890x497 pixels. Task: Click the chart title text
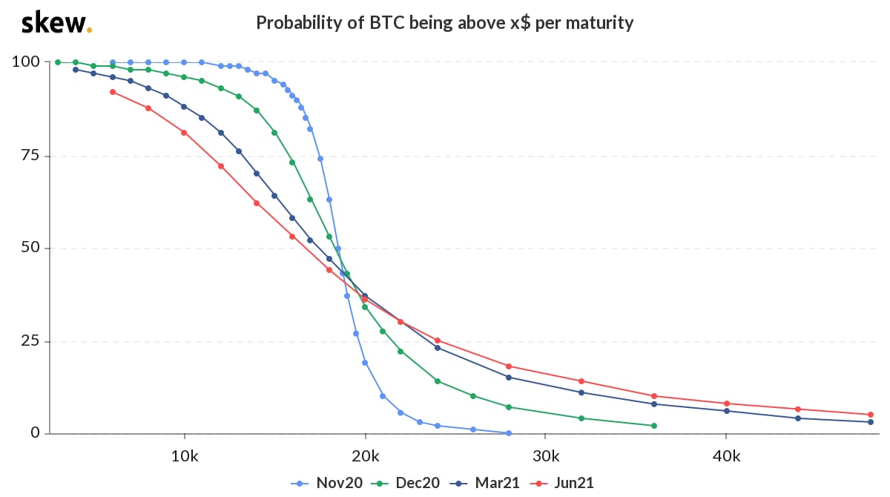(x=444, y=23)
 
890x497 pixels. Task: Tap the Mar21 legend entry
(x=486, y=483)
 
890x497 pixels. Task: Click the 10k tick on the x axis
(x=184, y=455)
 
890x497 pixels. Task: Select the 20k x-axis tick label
(x=365, y=455)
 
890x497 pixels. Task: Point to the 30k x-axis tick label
(x=545, y=455)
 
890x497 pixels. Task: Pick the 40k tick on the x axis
(x=726, y=455)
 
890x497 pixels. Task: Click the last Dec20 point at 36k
(x=653, y=426)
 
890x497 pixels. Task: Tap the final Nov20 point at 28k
(x=509, y=433)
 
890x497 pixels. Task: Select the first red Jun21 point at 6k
(x=113, y=92)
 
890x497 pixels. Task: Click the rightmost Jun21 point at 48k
(x=871, y=415)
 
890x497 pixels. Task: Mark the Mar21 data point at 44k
(x=798, y=418)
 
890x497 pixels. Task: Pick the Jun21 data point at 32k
(x=581, y=381)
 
